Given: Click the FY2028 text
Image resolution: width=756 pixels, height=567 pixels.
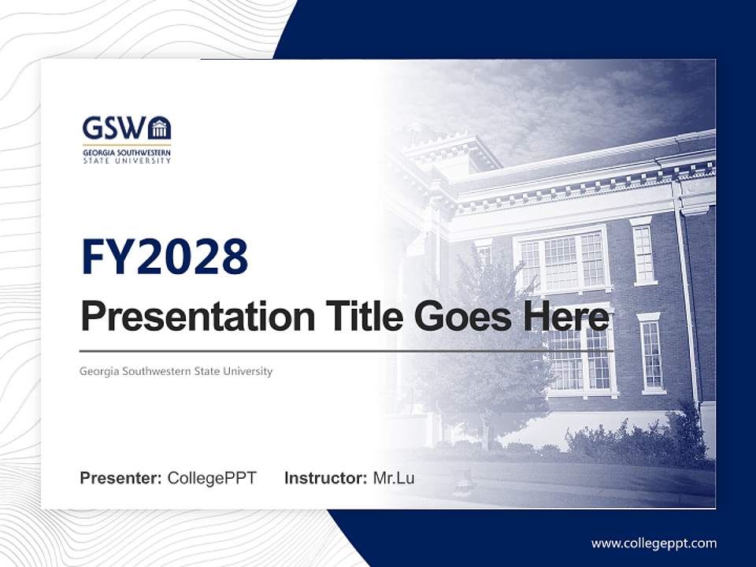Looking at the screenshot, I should coord(165,258).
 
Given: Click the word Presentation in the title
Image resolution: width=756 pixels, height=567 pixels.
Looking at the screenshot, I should coord(186,317).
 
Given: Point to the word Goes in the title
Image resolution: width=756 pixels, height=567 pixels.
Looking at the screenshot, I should coord(459,317).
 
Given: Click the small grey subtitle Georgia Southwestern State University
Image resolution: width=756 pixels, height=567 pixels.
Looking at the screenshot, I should coord(176,371).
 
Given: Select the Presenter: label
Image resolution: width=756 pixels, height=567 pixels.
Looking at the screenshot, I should coord(120,478).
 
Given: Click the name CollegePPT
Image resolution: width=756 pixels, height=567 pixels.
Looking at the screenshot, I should coord(212,478).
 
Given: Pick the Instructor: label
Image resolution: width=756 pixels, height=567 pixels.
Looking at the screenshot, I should coord(325,478).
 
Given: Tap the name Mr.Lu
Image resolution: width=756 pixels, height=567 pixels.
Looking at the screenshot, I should coord(394,478).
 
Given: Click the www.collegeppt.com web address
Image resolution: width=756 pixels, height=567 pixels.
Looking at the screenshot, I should coord(654,543).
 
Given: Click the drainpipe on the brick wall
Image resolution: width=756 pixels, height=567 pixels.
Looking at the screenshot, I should coord(687,299).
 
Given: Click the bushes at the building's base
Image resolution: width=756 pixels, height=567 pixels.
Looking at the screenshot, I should coord(630,441).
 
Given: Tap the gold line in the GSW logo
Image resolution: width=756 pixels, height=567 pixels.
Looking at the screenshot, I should coord(126,145).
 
